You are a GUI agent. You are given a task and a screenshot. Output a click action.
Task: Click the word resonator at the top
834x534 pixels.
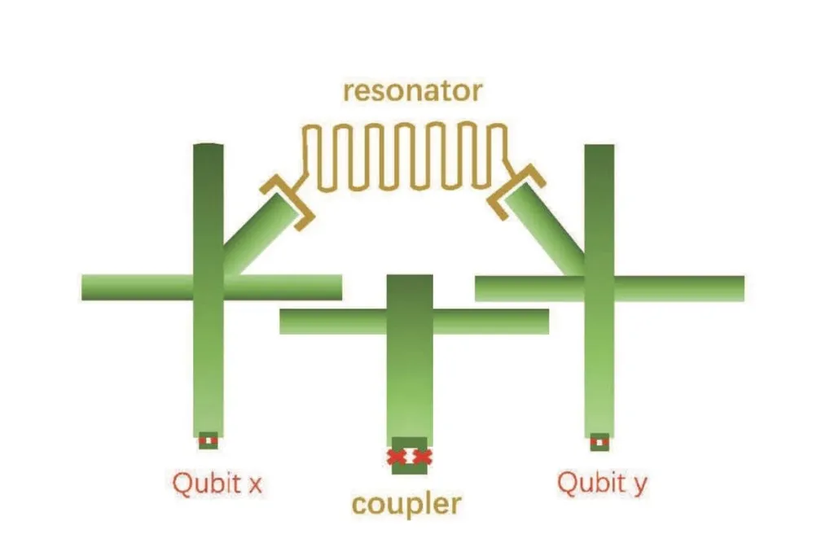pyautogui.click(x=412, y=91)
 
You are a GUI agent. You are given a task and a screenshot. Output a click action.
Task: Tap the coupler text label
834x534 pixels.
pyautogui.click(x=406, y=504)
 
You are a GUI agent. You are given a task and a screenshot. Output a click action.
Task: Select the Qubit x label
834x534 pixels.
pyautogui.click(x=217, y=484)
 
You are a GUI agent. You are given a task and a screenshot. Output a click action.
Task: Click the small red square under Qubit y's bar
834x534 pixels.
pyautogui.click(x=600, y=441)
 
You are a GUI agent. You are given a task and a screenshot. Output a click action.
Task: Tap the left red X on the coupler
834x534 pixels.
pyautogui.click(x=397, y=457)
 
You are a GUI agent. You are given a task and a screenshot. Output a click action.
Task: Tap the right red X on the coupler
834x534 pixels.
pyautogui.click(x=421, y=457)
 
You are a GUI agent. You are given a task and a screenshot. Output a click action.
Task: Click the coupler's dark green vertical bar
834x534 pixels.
pyautogui.click(x=409, y=366)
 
